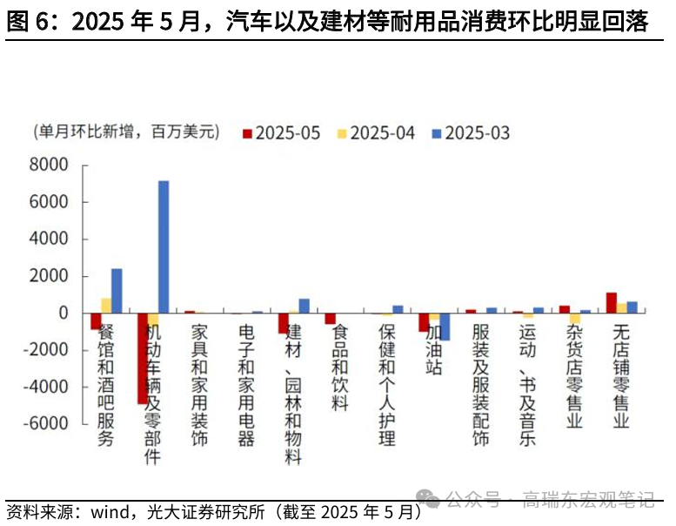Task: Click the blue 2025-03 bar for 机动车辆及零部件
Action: click(164, 246)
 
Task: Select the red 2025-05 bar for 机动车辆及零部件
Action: click(143, 358)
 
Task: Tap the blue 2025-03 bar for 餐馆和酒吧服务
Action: click(117, 291)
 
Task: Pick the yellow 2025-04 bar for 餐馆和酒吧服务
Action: click(106, 305)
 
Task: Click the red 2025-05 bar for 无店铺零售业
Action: click(612, 303)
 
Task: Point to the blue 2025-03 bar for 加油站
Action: click(445, 327)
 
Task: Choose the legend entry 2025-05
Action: click(280, 133)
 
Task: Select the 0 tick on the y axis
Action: click(64, 314)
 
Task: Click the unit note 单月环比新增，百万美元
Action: click(123, 132)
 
